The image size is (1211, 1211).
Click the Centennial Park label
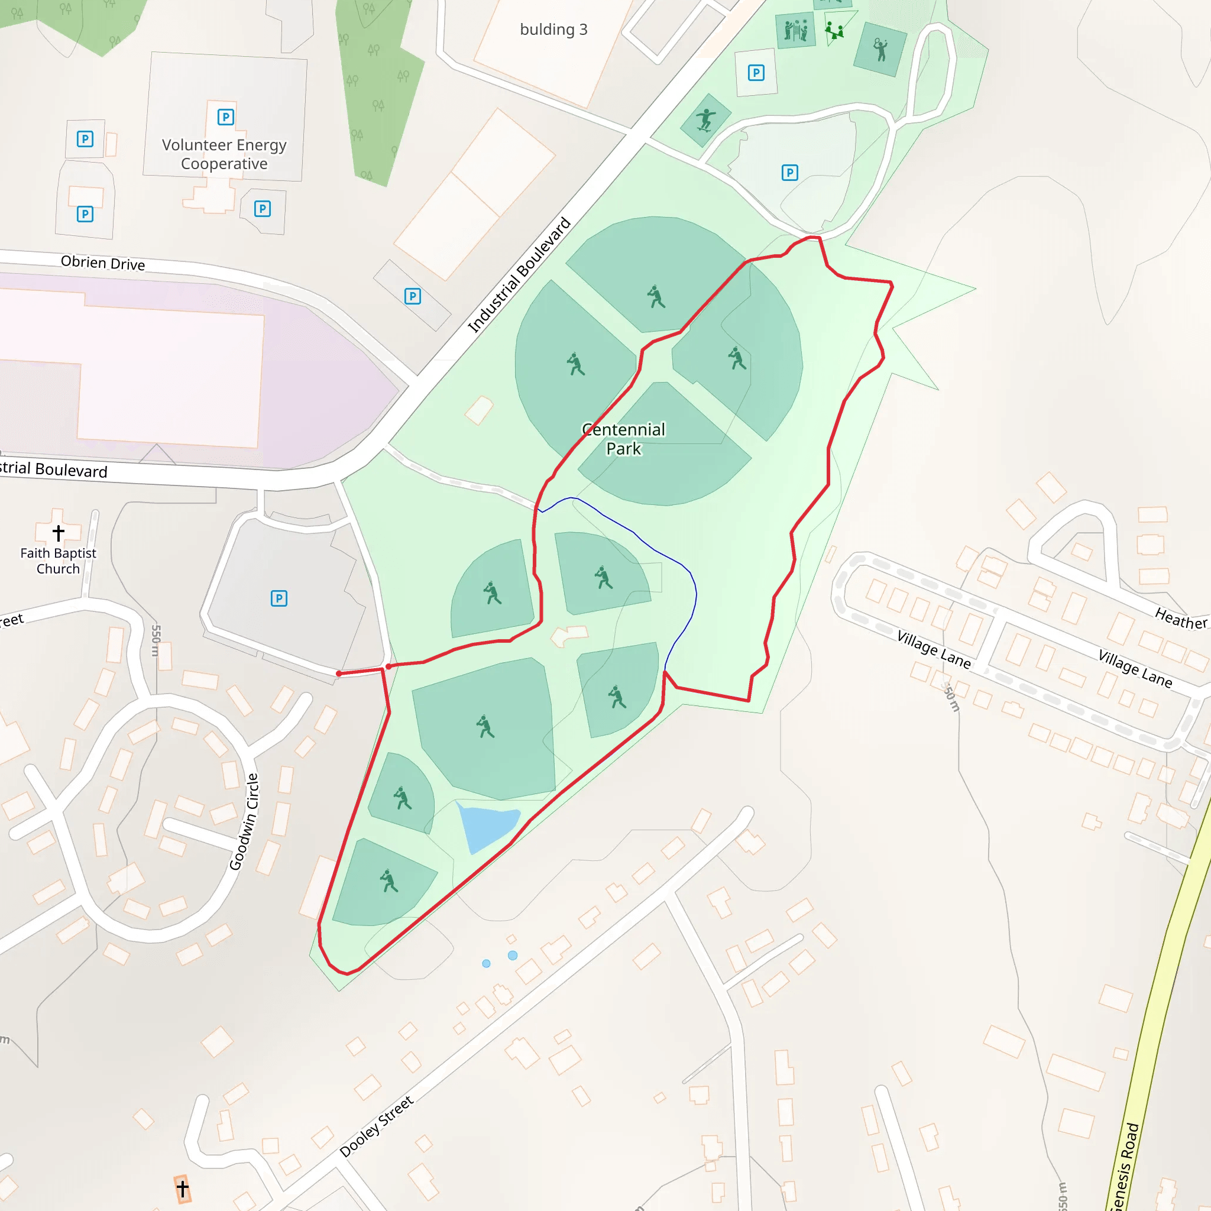tap(623, 439)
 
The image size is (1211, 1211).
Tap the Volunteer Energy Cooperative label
tap(224, 154)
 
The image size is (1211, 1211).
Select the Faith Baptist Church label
tap(58, 561)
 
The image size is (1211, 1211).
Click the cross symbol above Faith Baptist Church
tap(59, 533)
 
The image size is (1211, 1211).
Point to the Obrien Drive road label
tap(103, 263)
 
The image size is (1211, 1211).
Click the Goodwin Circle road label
tap(244, 821)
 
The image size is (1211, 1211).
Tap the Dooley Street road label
tap(376, 1126)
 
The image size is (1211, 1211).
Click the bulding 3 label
tap(553, 30)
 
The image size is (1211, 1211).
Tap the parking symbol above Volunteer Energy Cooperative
tap(225, 117)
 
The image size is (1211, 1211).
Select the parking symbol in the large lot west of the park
tap(279, 598)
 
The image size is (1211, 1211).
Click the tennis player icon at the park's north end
tap(880, 49)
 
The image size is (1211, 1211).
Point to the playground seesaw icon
tap(834, 31)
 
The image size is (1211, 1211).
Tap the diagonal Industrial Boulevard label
tap(520, 274)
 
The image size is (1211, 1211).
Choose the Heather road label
tap(1180, 619)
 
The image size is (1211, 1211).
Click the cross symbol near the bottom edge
tap(182, 1189)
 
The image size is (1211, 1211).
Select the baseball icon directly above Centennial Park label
tap(575, 364)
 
